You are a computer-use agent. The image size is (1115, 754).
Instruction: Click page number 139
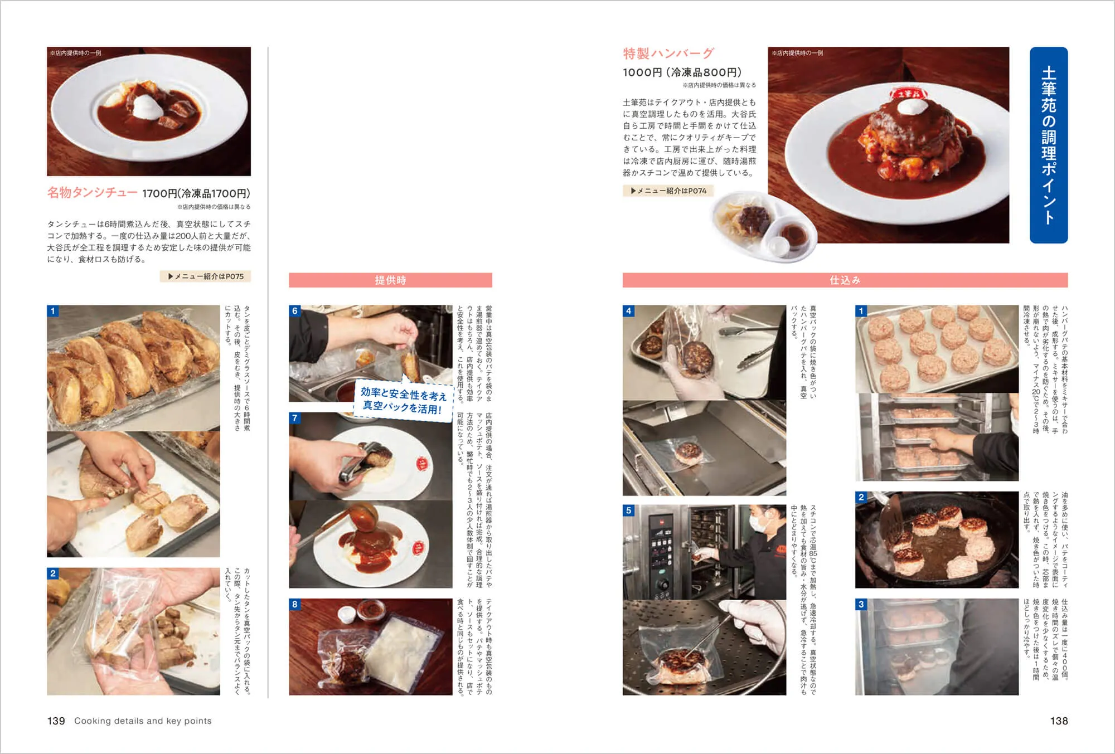(x=56, y=721)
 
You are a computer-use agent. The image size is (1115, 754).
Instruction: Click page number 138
(x=1058, y=721)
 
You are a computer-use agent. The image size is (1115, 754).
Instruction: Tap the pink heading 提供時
(x=390, y=280)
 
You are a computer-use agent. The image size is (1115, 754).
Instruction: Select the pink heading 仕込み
(x=845, y=280)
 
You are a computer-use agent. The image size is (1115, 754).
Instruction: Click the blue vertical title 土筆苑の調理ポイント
(x=1048, y=145)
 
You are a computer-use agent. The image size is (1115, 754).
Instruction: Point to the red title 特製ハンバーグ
(x=668, y=53)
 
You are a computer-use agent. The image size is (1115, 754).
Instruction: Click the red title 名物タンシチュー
(x=92, y=193)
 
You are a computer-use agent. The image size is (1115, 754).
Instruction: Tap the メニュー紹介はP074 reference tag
(x=668, y=191)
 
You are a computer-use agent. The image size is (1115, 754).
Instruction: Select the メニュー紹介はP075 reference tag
(x=206, y=276)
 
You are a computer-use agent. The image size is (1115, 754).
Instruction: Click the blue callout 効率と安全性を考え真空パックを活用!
(x=403, y=401)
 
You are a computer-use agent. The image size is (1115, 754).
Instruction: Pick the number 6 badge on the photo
(x=295, y=311)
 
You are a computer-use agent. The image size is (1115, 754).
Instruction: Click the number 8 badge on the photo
(x=295, y=604)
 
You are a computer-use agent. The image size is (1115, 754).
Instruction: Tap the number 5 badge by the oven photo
(x=629, y=510)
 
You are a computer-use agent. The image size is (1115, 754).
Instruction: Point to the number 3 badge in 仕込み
(x=861, y=604)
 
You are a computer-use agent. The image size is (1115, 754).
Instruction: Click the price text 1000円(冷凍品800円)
(x=682, y=72)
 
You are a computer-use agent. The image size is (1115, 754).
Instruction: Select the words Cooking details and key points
(x=143, y=721)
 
